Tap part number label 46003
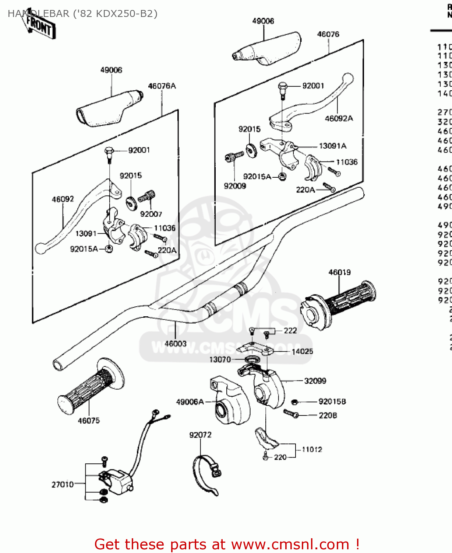(176, 344)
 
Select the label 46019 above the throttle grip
(339, 272)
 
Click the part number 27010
(63, 484)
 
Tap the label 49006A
(190, 402)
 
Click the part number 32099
(315, 381)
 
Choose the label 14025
(302, 351)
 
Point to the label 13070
(220, 359)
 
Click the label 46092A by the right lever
(339, 118)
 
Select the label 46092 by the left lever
(63, 199)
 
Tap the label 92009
(235, 186)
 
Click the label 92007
(151, 214)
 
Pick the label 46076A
(162, 86)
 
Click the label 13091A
(332, 146)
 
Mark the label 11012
(312, 449)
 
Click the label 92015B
(332, 401)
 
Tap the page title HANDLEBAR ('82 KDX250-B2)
(82, 14)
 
